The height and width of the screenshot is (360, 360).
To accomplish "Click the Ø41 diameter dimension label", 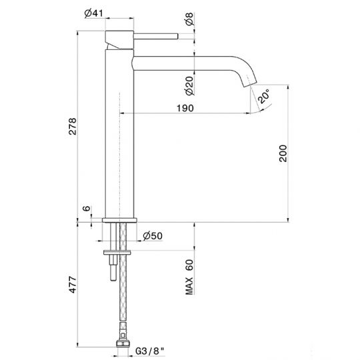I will (112, 12).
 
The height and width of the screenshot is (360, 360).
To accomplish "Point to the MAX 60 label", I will (191, 276).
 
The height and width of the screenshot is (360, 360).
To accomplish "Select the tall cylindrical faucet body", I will (119, 133).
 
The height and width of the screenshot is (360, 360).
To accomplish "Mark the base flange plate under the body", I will (120, 220).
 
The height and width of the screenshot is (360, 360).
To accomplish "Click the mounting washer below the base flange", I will (119, 252).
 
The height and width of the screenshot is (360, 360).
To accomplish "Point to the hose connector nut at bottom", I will (122, 344).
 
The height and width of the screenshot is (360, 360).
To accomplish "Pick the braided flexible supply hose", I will (123, 300).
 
